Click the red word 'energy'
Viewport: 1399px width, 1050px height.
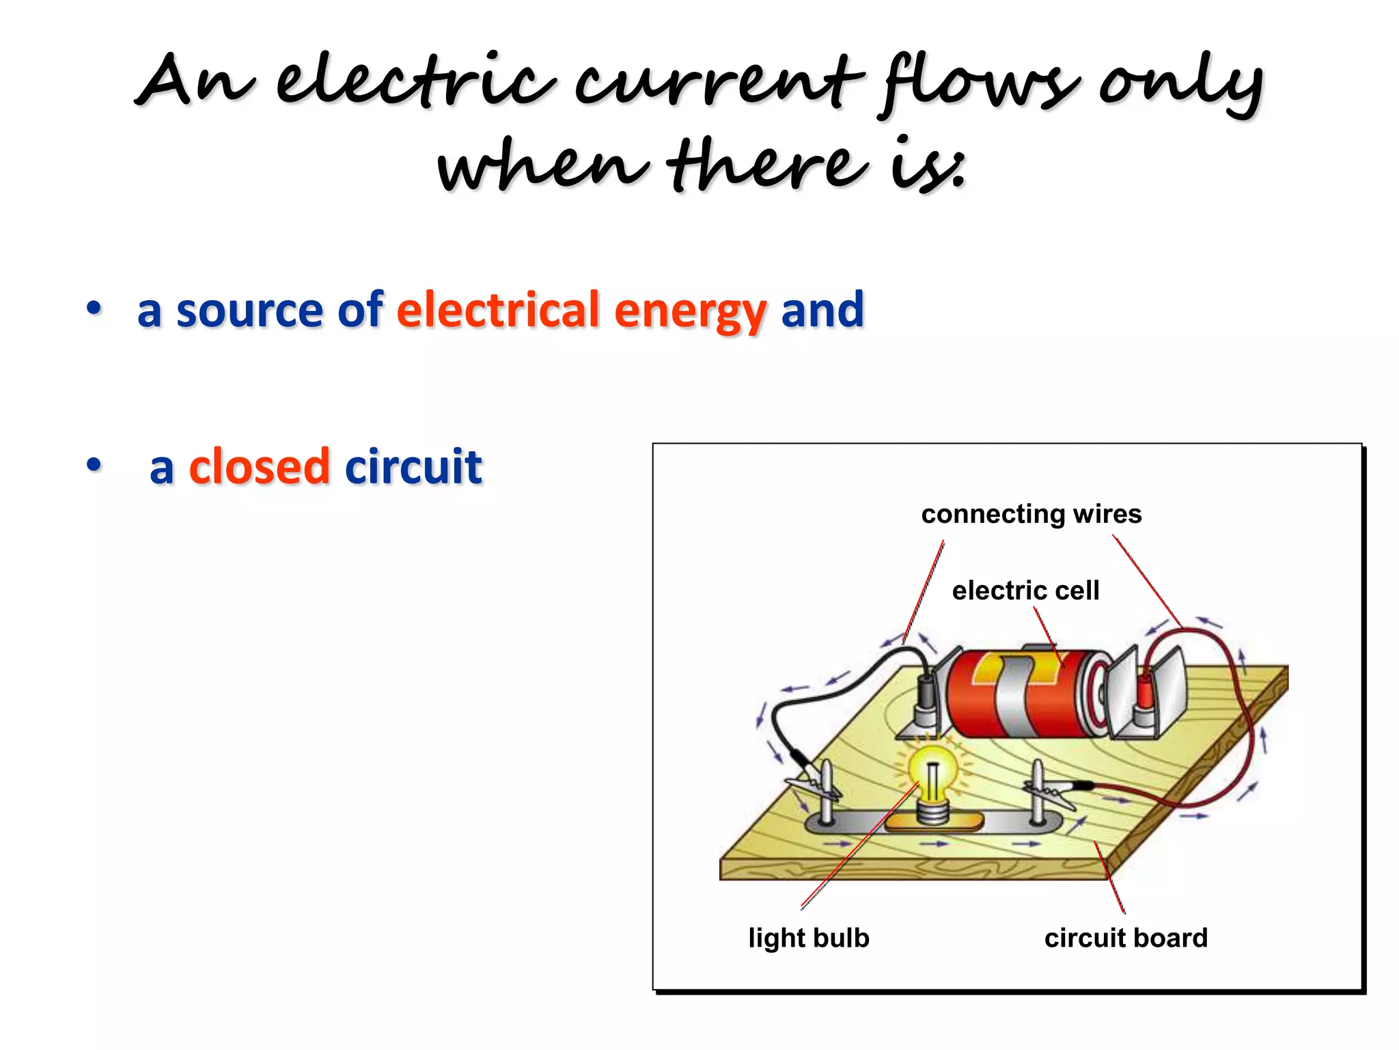tap(690, 311)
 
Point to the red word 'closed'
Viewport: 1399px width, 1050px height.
tap(259, 467)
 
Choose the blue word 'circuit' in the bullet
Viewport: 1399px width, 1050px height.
tap(413, 467)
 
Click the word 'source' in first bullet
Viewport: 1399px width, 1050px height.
tap(249, 311)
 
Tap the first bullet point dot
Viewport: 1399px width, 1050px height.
tap(94, 308)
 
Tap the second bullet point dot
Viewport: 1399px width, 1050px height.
tap(94, 465)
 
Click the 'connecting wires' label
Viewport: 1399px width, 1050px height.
tap(1031, 514)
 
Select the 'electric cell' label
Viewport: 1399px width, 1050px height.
tap(1025, 591)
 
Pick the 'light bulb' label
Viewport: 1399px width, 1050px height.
tap(809, 938)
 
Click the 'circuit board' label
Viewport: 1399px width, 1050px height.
tap(1126, 938)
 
